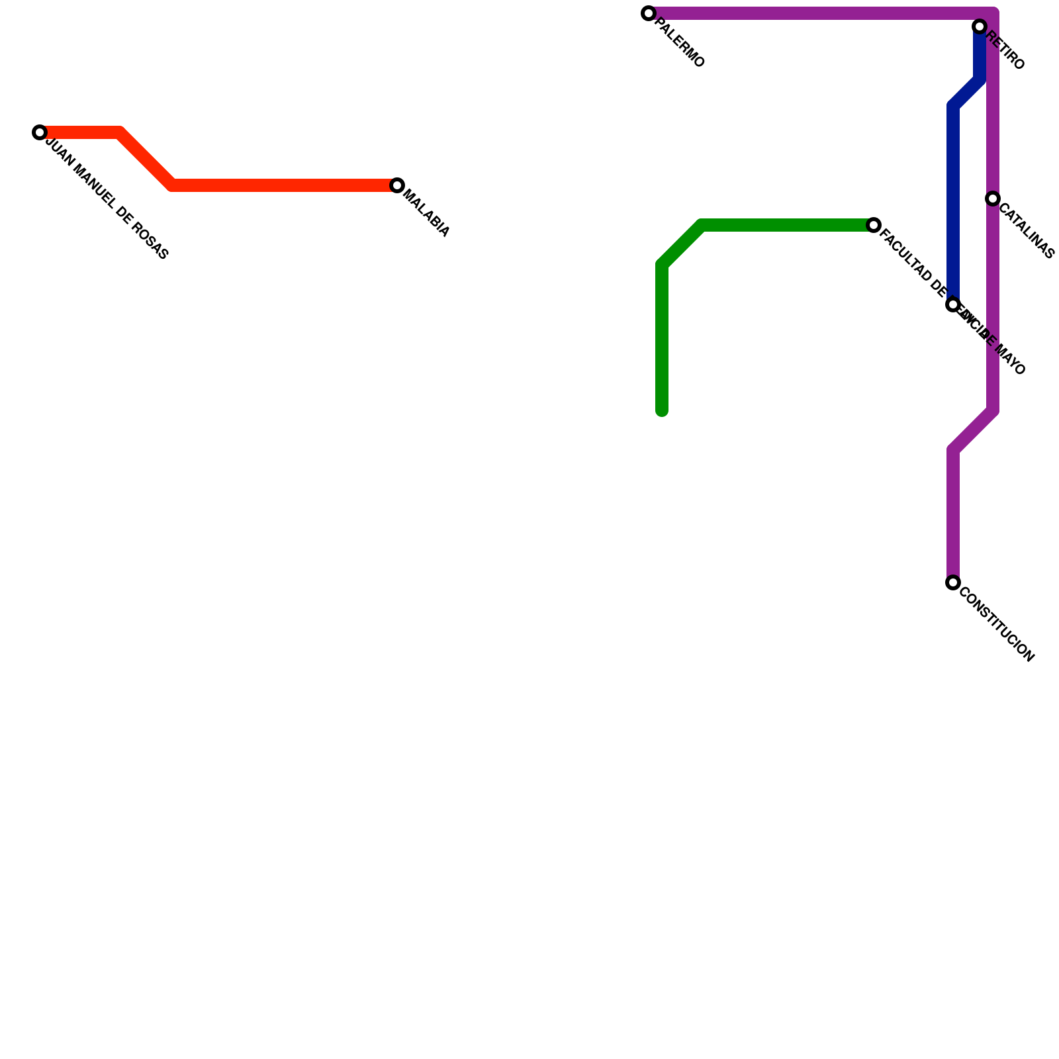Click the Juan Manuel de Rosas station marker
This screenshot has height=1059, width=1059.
(x=40, y=132)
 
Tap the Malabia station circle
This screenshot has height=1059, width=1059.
(x=397, y=185)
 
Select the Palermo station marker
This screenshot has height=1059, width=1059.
(x=649, y=13)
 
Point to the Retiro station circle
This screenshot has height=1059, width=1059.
(x=980, y=26)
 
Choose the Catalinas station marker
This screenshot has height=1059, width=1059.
(x=993, y=199)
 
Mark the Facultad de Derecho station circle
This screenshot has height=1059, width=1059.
(x=874, y=225)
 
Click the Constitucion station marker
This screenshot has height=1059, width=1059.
(x=953, y=582)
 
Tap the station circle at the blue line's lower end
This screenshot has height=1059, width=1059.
(x=953, y=304)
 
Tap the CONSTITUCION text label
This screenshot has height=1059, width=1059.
(x=996, y=625)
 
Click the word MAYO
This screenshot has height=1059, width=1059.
(x=1011, y=361)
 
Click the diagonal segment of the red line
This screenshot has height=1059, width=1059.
(x=146, y=159)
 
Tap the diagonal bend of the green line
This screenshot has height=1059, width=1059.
(x=682, y=245)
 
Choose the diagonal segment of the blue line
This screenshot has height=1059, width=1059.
(x=966, y=93)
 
